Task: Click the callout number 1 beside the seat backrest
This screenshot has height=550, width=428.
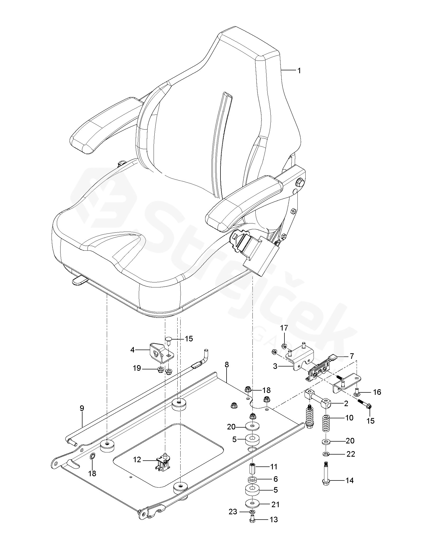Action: (299, 71)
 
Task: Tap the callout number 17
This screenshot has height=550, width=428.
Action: (284, 328)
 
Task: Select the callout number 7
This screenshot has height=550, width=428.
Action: (352, 356)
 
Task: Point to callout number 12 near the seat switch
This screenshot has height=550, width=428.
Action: (137, 460)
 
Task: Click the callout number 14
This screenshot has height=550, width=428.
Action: (349, 480)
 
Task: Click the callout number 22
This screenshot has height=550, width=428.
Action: (351, 454)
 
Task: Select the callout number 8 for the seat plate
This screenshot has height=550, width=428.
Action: (227, 365)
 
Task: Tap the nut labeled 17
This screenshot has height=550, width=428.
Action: (284, 346)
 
